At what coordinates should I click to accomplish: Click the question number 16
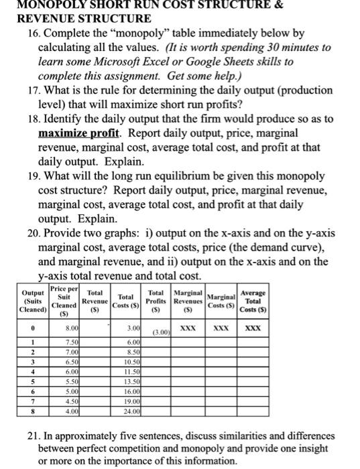click(26, 32)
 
